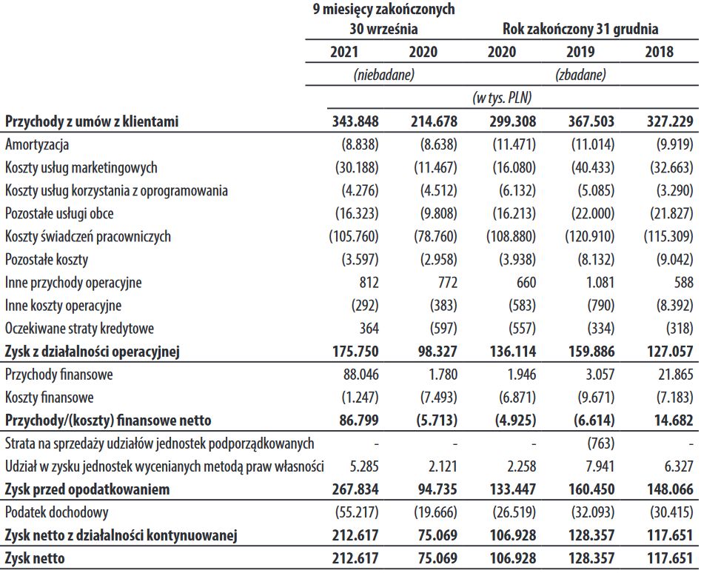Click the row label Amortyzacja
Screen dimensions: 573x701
click(x=36, y=145)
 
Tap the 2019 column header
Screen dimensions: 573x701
click(x=580, y=52)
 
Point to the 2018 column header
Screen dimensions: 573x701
click(x=659, y=52)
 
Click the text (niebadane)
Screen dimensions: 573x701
click(x=383, y=75)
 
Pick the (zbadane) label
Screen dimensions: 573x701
click(x=580, y=75)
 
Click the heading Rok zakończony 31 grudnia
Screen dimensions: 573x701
click(x=580, y=30)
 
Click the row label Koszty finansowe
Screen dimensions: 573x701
click(x=49, y=398)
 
